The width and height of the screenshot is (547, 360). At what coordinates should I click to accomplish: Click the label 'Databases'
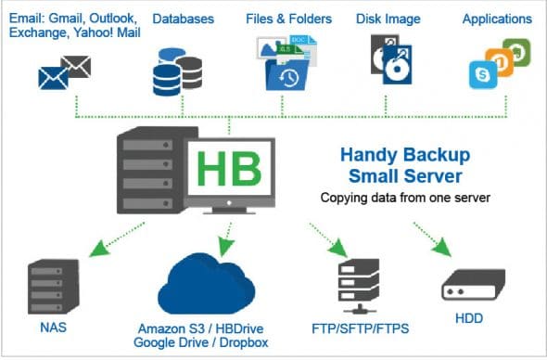[183, 19]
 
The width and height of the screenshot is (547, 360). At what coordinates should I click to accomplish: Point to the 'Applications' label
[496, 19]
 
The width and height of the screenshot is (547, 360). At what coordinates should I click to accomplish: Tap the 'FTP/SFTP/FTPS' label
[360, 328]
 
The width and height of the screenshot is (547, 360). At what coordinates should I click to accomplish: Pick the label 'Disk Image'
[388, 19]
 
